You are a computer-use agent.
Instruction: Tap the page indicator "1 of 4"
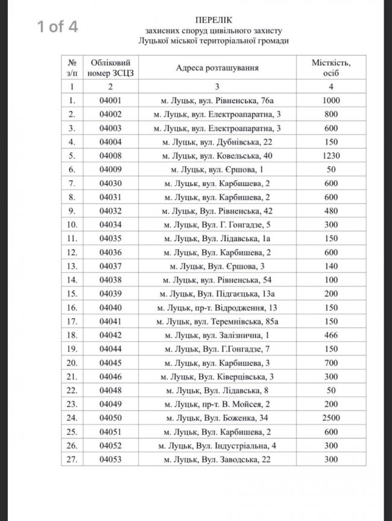(x=57, y=27)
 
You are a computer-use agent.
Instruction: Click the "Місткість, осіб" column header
(x=331, y=68)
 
